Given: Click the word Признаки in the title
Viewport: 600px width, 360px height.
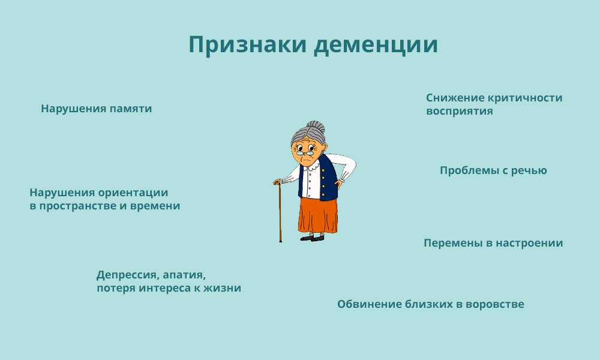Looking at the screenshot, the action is tap(248, 44).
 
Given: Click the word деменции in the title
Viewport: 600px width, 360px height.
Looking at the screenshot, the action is tap(376, 45).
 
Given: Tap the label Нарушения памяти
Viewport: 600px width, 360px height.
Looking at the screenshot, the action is tap(97, 109).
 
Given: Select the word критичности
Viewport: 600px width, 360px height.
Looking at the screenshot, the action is tap(525, 98).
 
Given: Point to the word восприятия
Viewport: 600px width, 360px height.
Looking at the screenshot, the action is tap(459, 112).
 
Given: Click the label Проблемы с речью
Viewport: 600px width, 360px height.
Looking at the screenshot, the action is tap(493, 171).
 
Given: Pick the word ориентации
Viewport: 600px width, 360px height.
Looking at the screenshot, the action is tap(133, 193).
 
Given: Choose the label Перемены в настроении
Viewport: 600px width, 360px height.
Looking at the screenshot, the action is tap(493, 244).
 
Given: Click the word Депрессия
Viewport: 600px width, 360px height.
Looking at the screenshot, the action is tap(128, 275).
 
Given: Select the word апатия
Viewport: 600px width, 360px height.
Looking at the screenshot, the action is tap(184, 275).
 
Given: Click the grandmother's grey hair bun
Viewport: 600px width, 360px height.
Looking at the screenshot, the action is tap(316, 127).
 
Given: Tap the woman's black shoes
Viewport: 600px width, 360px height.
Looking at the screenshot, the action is tap(312, 238).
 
